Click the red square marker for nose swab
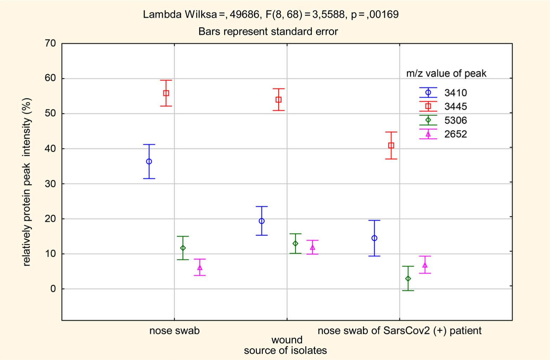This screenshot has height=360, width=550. pyautogui.click(x=166, y=93)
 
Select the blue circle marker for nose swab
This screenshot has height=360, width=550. pyautogui.click(x=149, y=162)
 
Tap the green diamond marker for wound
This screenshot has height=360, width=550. pyautogui.click(x=296, y=243)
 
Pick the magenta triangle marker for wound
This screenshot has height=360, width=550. pyautogui.click(x=312, y=247)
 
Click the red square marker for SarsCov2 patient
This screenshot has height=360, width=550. pyautogui.click(x=391, y=145)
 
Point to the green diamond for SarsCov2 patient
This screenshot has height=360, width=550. pyautogui.click(x=408, y=279)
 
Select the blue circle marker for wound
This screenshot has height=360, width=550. pyautogui.click(x=261, y=221)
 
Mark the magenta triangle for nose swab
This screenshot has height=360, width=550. pyautogui.click(x=200, y=268)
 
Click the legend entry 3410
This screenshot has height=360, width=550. pyautogui.click(x=455, y=93)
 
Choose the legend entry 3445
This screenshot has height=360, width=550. pyautogui.click(x=455, y=106)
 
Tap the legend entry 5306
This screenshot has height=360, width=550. pyautogui.click(x=455, y=120)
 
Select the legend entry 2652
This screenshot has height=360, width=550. pyautogui.click(x=455, y=134)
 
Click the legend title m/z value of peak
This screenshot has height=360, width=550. pyautogui.click(x=446, y=73)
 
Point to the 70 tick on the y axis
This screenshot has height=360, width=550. pyautogui.click(x=50, y=44)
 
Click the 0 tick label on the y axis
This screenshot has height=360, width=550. pyautogui.click(x=53, y=289)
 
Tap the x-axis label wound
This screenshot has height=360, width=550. pyautogui.click(x=287, y=340)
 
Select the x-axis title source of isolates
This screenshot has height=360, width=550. pyautogui.click(x=285, y=351)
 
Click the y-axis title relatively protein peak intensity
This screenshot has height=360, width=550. pyautogui.click(x=27, y=182)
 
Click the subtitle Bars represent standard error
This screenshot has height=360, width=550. pyautogui.click(x=268, y=32)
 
